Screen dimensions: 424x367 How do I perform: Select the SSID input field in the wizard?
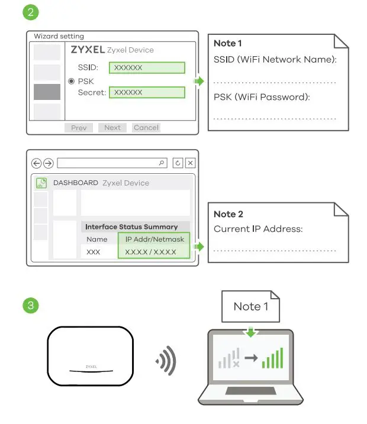click(x=147, y=67)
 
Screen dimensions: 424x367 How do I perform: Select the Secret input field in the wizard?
click(x=147, y=92)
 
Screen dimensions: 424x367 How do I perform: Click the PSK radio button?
click(x=72, y=81)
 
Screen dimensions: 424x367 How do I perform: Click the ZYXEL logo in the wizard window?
click(x=88, y=50)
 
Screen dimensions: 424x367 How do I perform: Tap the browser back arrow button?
click(x=37, y=163)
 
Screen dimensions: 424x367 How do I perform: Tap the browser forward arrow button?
click(x=48, y=163)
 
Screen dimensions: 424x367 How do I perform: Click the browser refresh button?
click(x=178, y=163)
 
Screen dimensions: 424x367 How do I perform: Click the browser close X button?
click(x=190, y=163)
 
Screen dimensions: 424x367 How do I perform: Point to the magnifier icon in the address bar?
click(x=162, y=163)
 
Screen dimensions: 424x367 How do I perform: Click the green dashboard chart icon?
click(x=41, y=183)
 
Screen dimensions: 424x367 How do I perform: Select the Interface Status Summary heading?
click(x=131, y=226)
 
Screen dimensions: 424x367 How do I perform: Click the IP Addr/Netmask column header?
click(x=155, y=239)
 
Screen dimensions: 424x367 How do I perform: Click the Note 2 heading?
click(x=228, y=214)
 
